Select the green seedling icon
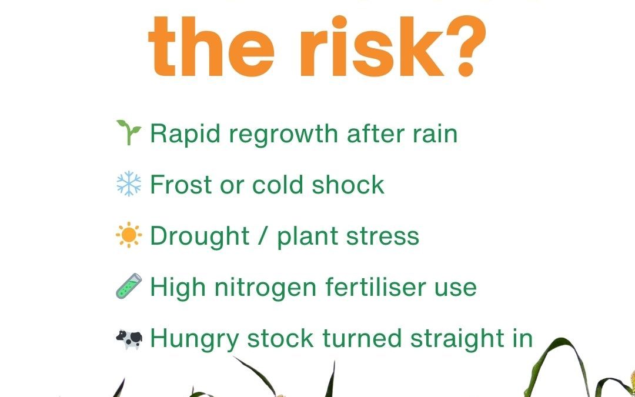tap(129, 134)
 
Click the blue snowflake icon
tap(129, 185)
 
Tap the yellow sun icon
tap(129, 236)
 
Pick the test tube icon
tap(129, 287)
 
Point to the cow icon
tap(129, 338)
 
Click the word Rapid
tap(185, 135)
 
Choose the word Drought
tap(200, 237)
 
